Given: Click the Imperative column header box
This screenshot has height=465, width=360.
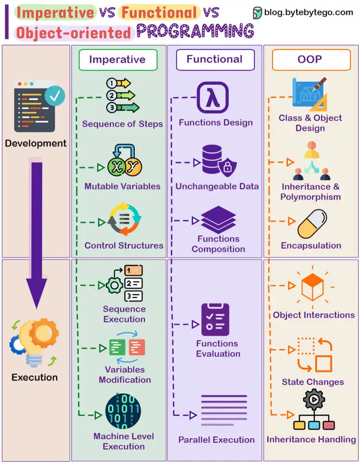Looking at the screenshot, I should coord(117,60).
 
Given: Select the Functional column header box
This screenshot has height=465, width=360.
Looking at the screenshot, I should coord(215,60).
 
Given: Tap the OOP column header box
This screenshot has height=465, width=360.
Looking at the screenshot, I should coord(311,60).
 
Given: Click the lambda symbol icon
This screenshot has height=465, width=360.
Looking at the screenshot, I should coord(212,97).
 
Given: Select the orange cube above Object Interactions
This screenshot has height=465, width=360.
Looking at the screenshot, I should coord(312,287).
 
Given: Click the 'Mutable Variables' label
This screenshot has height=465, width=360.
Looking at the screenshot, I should coord(122,186).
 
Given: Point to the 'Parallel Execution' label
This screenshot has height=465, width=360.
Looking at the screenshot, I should coord(216,440).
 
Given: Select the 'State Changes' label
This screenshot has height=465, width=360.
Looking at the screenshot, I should coord(312,382).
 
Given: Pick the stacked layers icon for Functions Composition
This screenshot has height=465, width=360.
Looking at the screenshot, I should coord(218,219).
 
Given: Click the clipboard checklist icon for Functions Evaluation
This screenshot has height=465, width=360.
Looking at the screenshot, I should coord(215,320).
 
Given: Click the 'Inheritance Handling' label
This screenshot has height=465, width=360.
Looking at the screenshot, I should coord(311,439).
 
